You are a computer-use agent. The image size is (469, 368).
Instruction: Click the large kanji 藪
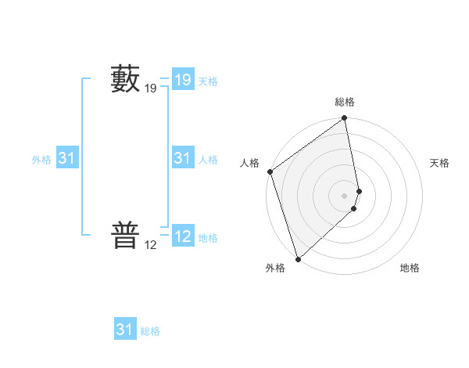pyautogui.click(x=125, y=79)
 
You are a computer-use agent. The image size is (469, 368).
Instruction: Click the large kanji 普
pyautogui.click(x=125, y=235)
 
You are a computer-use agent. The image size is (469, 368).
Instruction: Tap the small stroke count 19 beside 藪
pyautogui.click(x=151, y=89)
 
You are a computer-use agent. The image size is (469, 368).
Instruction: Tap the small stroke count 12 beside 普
pyautogui.click(x=151, y=245)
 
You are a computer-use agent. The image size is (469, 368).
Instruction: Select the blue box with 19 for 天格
pyautogui.click(x=182, y=79)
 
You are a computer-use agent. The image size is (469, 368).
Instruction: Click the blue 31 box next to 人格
pyautogui.click(x=182, y=158)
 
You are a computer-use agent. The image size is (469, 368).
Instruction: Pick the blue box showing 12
pyautogui.click(x=182, y=236)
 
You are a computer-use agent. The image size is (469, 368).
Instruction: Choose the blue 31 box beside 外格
pyautogui.click(x=66, y=158)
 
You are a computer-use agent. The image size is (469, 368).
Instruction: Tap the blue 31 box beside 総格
pyautogui.click(x=124, y=330)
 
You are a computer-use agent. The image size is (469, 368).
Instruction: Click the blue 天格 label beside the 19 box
pyautogui.click(x=208, y=81)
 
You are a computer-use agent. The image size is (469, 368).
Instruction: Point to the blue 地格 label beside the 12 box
pyautogui.click(x=208, y=238)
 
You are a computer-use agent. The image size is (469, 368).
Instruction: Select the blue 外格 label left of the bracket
pyautogui.click(x=41, y=160)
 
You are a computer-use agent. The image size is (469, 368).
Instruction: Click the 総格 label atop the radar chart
pyautogui.click(x=345, y=102)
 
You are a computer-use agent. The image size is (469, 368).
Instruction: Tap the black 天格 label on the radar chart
pyautogui.click(x=439, y=163)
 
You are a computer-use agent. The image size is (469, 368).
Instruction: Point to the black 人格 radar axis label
pyautogui.click(x=249, y=163)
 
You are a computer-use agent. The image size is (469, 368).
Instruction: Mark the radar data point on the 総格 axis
pyautogui.click(x=345, y=119)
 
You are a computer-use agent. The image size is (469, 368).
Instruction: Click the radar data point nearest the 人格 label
pyautogui.click(x=270, y=171)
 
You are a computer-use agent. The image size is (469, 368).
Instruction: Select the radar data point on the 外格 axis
pyautogui.click(x=298, y=258)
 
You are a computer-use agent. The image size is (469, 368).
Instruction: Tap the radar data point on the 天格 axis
pyautogui.click(x=360, y=190)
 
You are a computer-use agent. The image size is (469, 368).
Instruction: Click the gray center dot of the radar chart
pyautogui.click(x=345, y=195)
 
